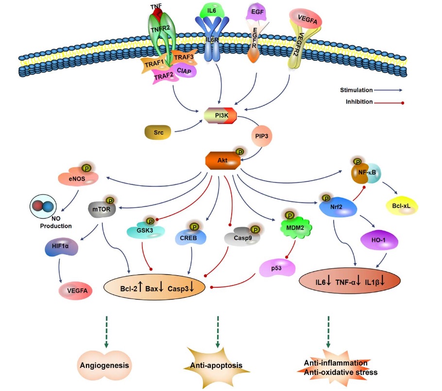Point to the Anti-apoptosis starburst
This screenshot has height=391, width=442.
(x=215, y=365)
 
